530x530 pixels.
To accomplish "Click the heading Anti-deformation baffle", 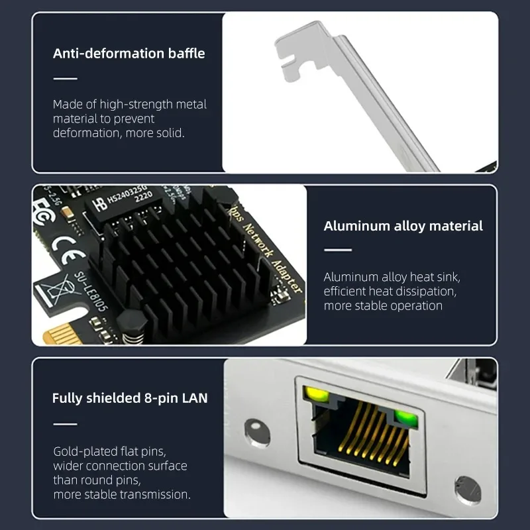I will tap(129, 53).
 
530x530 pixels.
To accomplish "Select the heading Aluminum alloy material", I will tap(403, 226).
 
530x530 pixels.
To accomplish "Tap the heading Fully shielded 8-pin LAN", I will tap(130, 398).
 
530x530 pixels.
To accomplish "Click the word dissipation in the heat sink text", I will tap(424, 291).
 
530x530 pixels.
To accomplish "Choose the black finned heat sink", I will tap(179, 258).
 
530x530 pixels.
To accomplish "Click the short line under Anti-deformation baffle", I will tap(65, 79).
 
